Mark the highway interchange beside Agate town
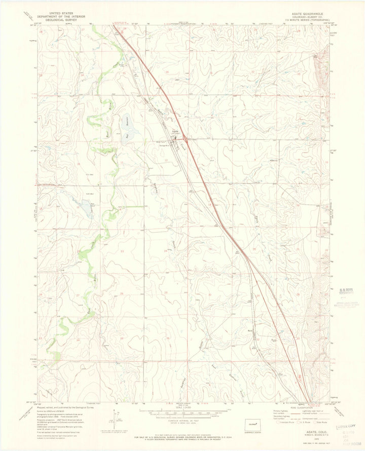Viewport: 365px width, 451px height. click(186, 138)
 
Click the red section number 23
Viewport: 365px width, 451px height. click(122, 251)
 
